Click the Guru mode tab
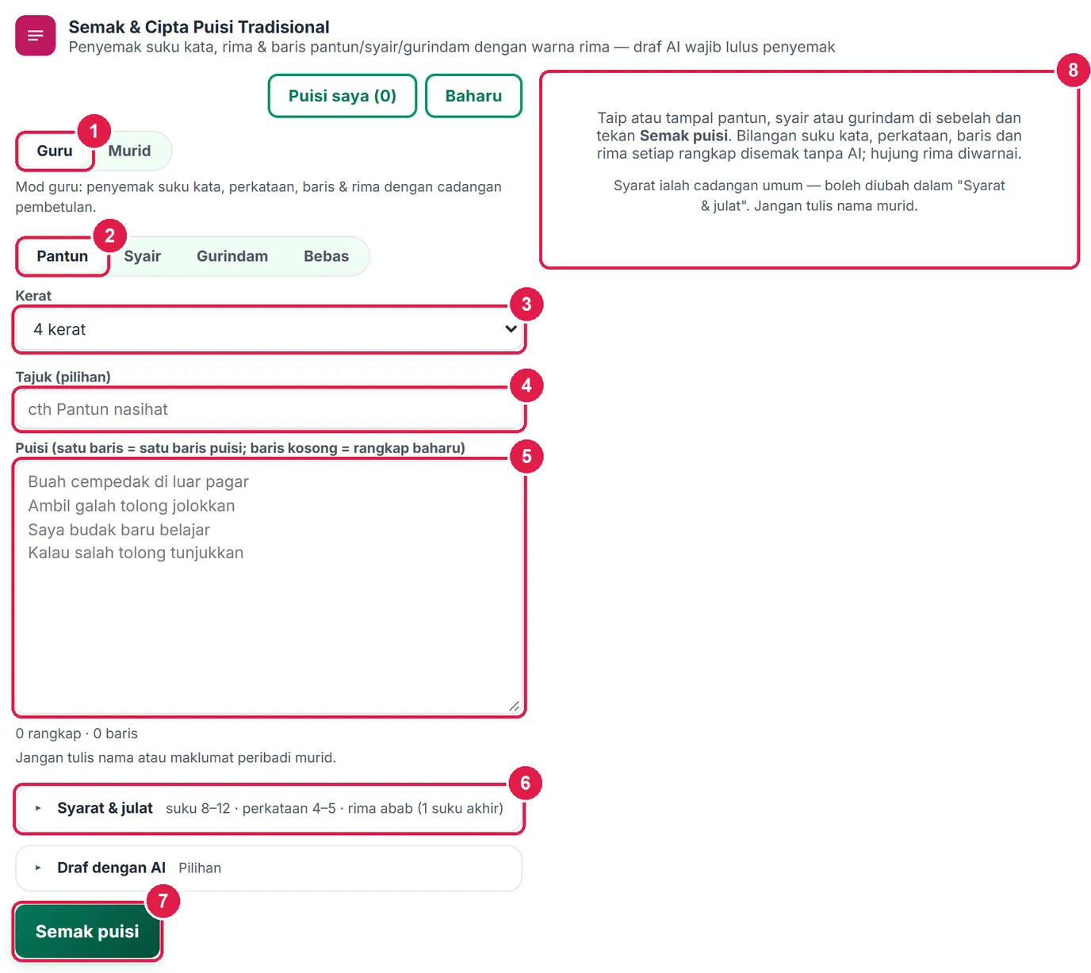[x=55, y=151]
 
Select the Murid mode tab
[x=129, y=151]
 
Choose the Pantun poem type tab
[x=63, y=256]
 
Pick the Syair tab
[x=142, y=256]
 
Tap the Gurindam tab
[x=232, y=256]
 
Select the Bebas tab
[x=326, y=256]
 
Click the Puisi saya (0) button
[x=342, y=96]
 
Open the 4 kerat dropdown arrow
[x=511, y=328]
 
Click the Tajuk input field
[x=269, y=409]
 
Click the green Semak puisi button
[x=87, y=931]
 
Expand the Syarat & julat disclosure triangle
[x=38, y=808]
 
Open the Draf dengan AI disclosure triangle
[x=38, y=868]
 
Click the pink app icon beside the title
[x=36, y=36]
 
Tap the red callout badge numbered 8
[x=1073, y=70]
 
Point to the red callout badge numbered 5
[x=526, y=456]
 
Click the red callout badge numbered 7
[x=163, y=901]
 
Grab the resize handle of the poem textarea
[x=514, y=706]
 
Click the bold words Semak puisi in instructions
[x=683, y=136]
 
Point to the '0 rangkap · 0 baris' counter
[x=76, y=734]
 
